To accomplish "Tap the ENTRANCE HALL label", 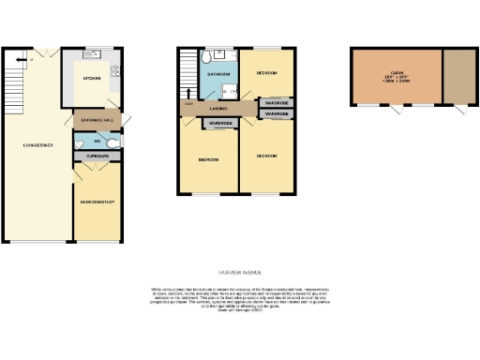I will (x=95, y=122).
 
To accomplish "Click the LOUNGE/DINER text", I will (x=25, y=144).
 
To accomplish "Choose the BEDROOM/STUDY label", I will (x=97, y=202).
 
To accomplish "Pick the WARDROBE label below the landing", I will (x=220, y=124).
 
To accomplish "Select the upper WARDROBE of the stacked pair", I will (x=277, y=103).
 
